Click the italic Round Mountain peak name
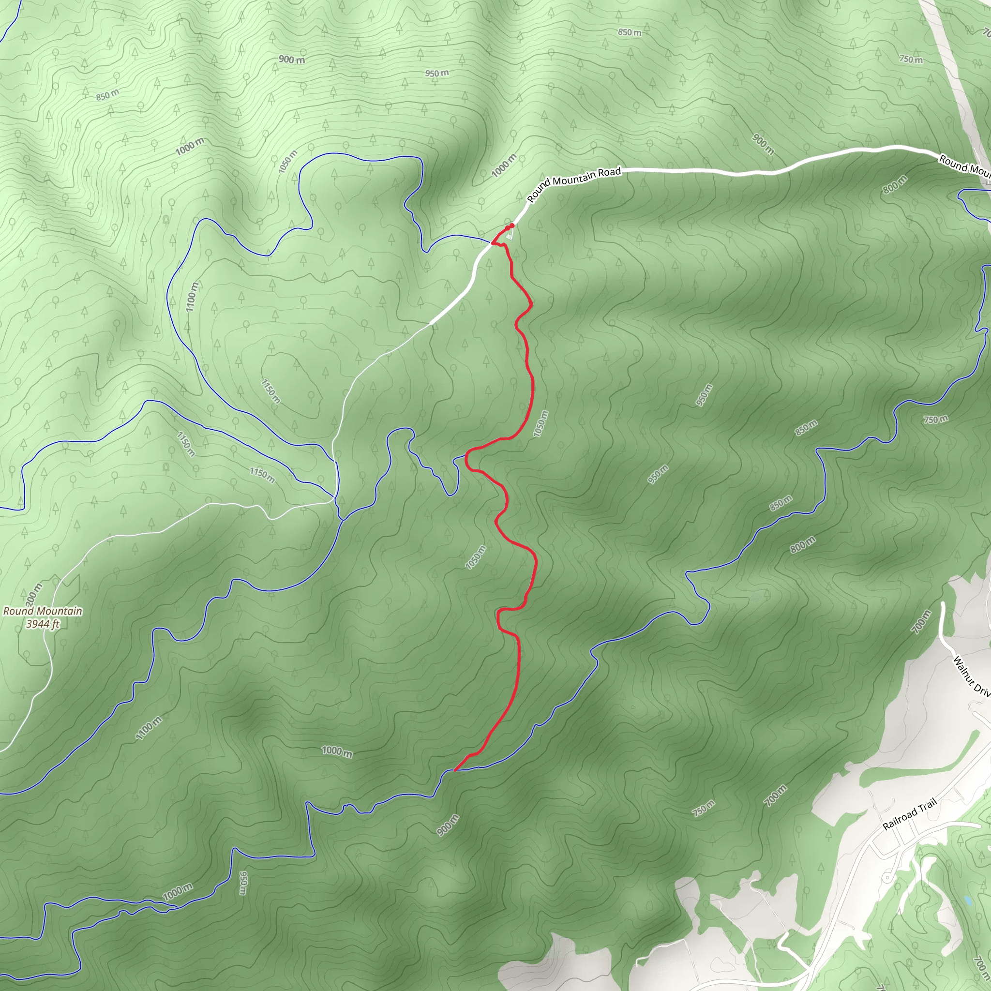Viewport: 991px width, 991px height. (x=43, y=611)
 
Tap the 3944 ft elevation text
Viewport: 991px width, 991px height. (x=43, y=624)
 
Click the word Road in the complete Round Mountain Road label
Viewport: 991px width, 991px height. (x=609, y=172)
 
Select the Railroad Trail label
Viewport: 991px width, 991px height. (x=909, y=814)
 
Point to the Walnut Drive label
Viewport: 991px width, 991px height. (x=971, y=676)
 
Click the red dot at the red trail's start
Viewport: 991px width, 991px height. (x=511, y=225)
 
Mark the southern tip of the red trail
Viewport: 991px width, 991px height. (x=455, y=770)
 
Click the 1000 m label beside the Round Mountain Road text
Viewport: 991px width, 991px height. (x=504, y=165)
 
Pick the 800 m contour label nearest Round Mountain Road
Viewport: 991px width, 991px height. (x=895, y=185)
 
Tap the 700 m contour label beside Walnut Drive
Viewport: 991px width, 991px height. (x=921, y=622)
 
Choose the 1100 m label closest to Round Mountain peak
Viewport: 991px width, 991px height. (x=149, y=728)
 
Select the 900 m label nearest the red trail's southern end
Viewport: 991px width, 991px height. (x=448, y=825)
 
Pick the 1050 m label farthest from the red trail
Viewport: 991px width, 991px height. (x=287, y=162)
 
